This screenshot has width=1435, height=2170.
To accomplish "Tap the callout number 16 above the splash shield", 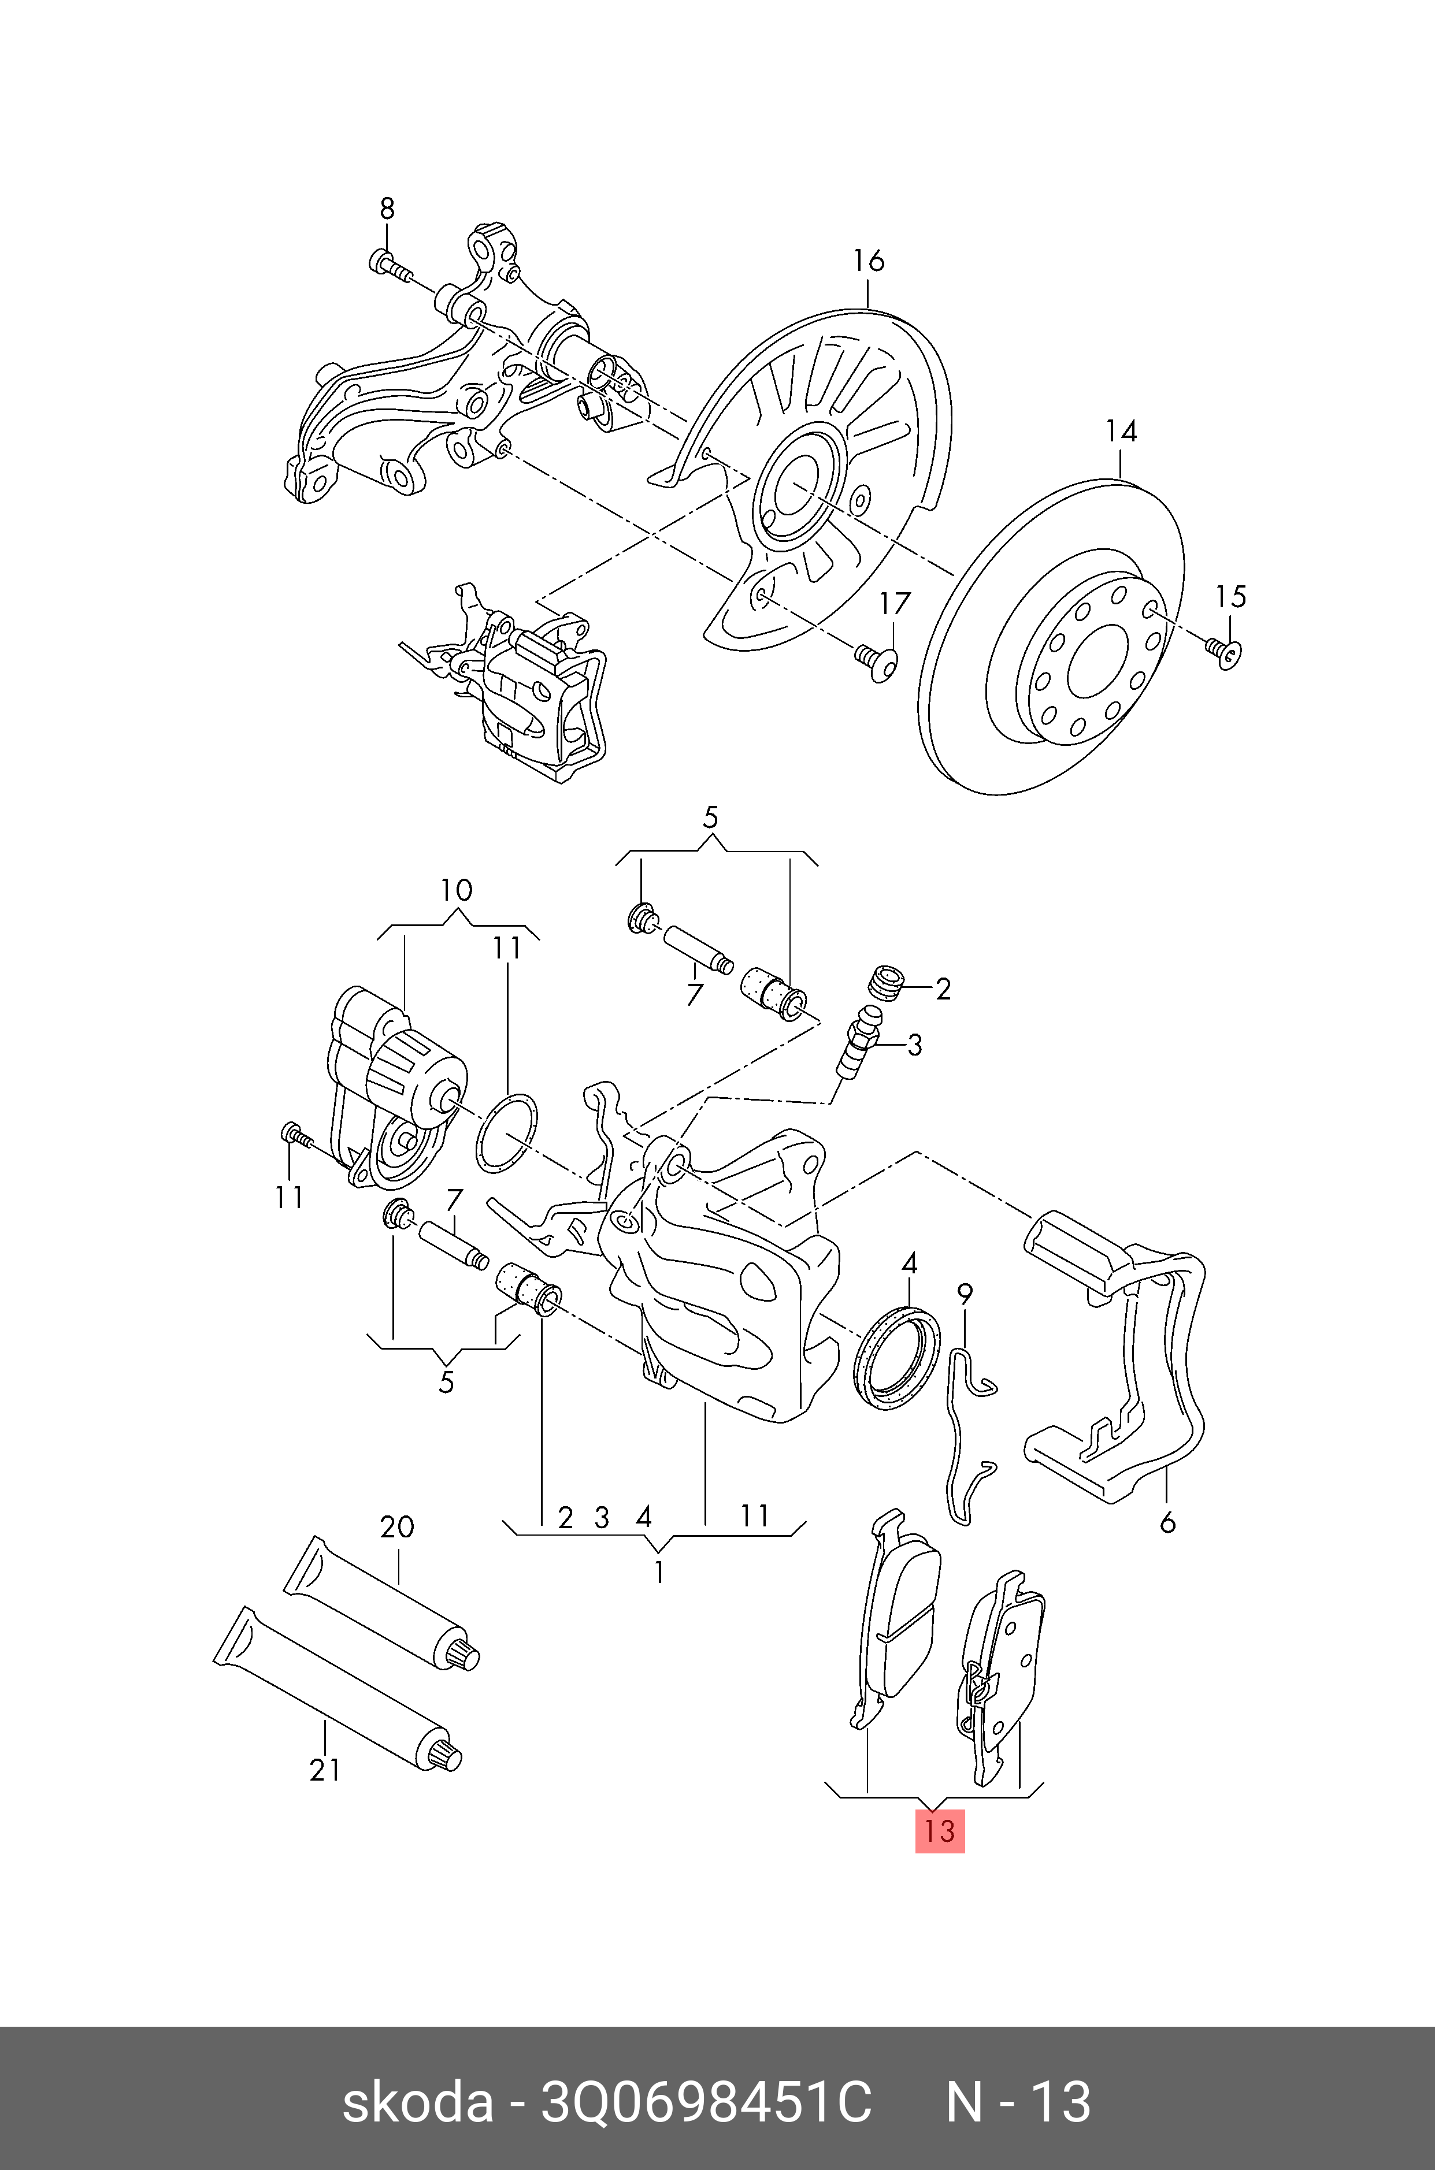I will pyautogui.click(x=869, y=262).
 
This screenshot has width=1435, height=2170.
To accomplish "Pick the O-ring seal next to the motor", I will pyautogui.click(x=507, y=1132).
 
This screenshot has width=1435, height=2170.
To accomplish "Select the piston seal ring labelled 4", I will pyautogui.click(x=896, y=1361).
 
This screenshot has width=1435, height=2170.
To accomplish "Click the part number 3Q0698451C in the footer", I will pyautogui.click(x=706, y=2102).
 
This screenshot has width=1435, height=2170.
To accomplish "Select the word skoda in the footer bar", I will pyautogui.click(x=417, y=2102).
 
